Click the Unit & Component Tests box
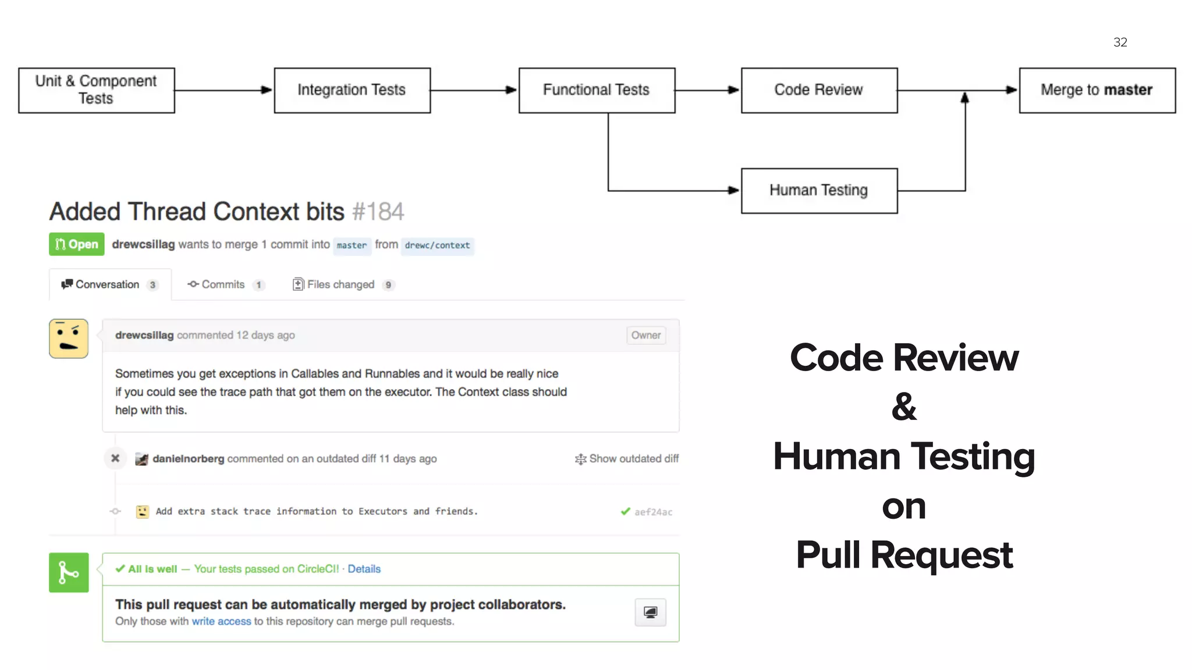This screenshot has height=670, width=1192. click(96, 90)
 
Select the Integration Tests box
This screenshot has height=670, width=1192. click(352, 90)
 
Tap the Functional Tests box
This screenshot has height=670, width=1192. click(597, 90)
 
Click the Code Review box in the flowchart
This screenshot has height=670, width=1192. click(819, 90)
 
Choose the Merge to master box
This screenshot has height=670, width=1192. click(1097, 90)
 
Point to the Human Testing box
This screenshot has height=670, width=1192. click(819, 191)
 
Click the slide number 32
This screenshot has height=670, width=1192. click(1120, 42)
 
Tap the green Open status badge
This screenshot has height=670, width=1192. click(77, 244)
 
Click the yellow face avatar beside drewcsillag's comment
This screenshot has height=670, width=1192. click(69, 338)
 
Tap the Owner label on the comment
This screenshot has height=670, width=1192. click(645, 335)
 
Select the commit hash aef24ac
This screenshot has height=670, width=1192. click(653, 512)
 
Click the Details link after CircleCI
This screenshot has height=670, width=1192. click(364, 569)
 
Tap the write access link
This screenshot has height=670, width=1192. click(221, 621)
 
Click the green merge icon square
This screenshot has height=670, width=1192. click(69, 572)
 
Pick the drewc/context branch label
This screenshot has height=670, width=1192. click(437, 245)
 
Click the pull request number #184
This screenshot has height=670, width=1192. click(378, 212)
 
